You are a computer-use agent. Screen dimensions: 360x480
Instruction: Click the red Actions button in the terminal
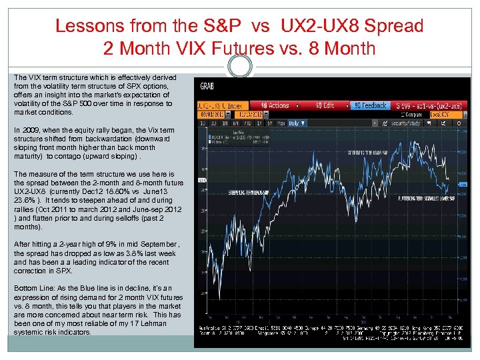pyautogui.click(x=274, y=105)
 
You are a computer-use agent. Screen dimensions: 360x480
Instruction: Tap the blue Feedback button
pyautogui.click(x=369, y=105)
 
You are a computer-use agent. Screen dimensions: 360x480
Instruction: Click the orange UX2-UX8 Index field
pyautogui.click(x=221, y=105)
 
